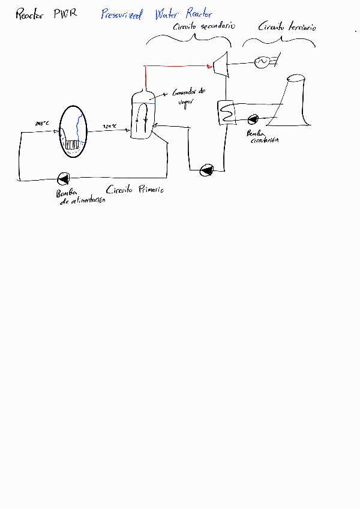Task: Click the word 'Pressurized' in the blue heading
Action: click(x=122, y=15)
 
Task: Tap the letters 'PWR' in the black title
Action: click(x=64, y=14)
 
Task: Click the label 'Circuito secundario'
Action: click(x=204, y=27)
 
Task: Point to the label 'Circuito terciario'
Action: click(x=287, y=27)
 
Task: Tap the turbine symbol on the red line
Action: click(x=220, y=64)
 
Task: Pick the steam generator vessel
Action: click(x=143, y=115)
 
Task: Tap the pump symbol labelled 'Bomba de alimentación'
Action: click(x=63, y=178)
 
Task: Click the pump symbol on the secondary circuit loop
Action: click(x=206, y=170)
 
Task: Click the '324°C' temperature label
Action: click(x=110, y=126)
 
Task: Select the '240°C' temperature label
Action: click(x=42, y=124)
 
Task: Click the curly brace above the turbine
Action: click(x=189, y=39)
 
